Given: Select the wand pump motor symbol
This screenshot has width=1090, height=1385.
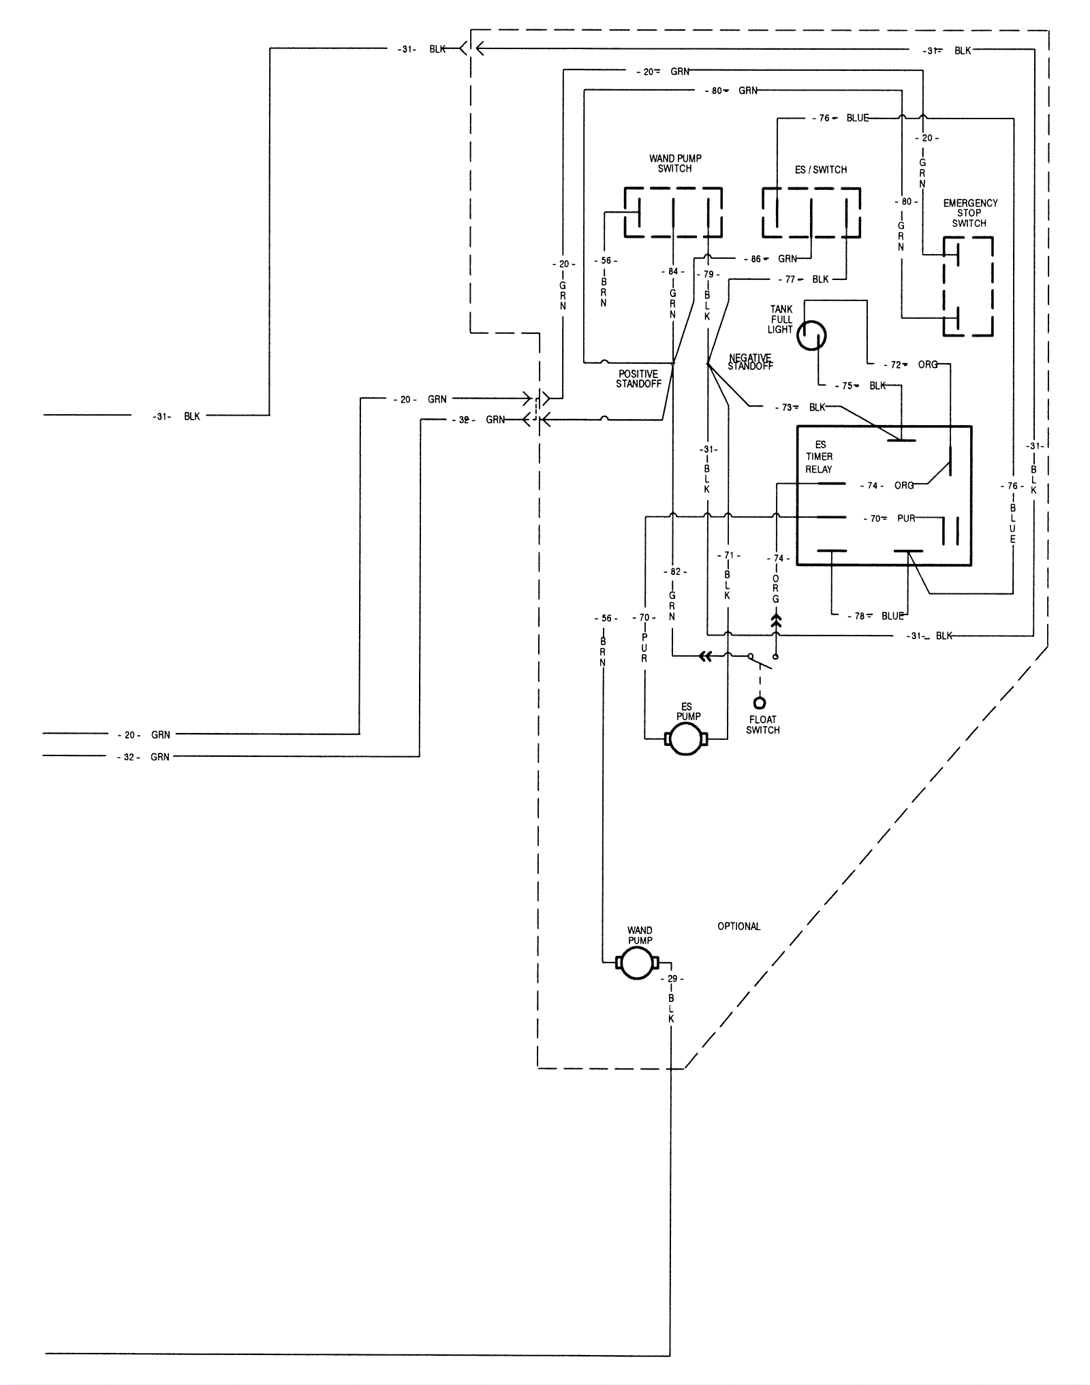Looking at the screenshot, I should [x=638, y=963].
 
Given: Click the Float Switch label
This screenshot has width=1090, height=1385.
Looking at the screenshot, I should [x=762, y=725].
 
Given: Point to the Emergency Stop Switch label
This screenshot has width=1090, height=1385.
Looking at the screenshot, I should [x=969, y=213].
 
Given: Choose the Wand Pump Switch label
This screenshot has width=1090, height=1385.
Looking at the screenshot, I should [x=674, y=164].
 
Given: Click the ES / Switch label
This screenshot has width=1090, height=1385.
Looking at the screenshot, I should [x=820, y=170].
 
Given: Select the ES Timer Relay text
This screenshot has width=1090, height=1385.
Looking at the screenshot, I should [x=819, y=456].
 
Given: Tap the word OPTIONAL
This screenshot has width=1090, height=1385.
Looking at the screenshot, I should [x=738, y=927].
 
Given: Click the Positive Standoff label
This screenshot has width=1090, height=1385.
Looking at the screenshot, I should [x=638, y=379].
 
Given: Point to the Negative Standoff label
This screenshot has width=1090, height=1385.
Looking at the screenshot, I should [x=750, y=362].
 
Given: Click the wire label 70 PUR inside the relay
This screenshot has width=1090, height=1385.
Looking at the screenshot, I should [x=890, y=518].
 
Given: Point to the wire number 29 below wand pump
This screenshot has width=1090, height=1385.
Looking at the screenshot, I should [x=672, y=979].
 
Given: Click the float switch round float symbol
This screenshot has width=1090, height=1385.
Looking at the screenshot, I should [x=759, y=703].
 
